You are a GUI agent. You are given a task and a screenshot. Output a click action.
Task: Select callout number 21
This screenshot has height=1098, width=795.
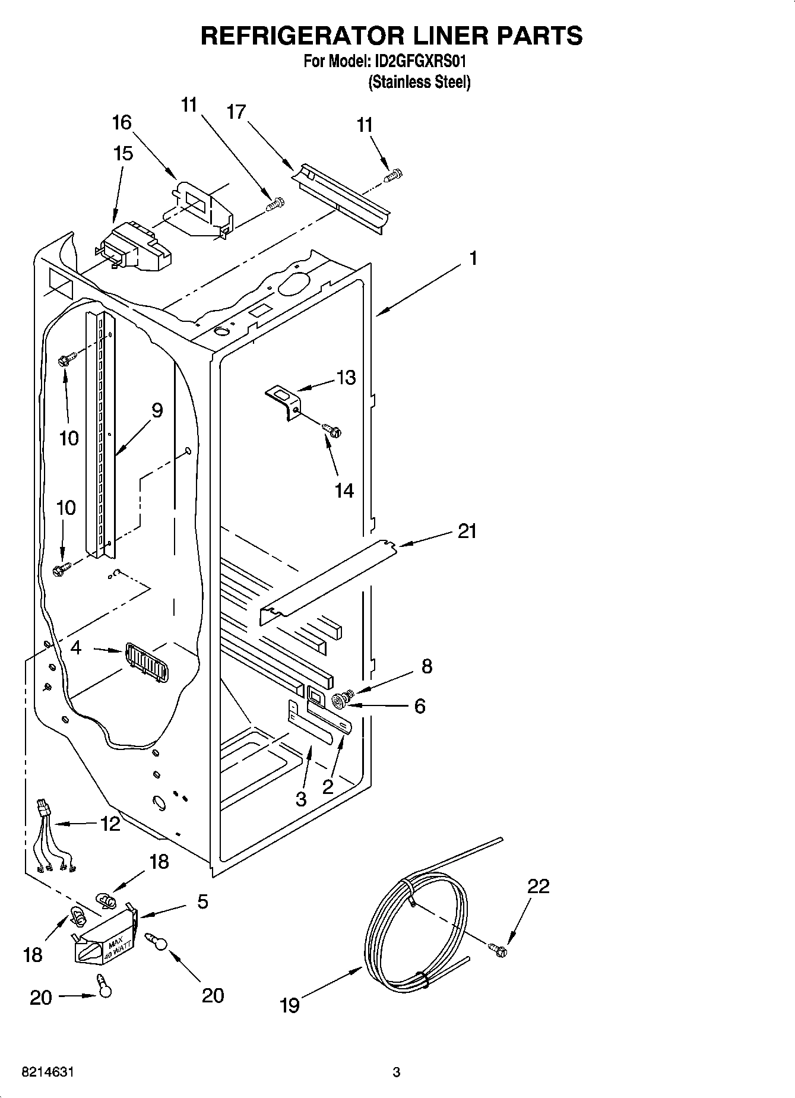point(467,531)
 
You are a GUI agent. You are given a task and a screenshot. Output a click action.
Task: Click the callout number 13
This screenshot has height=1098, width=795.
point(346,378)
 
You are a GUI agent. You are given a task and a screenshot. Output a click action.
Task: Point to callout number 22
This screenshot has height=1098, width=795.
point(539,887)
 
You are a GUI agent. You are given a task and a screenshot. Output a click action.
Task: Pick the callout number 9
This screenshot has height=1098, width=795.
point(157,410)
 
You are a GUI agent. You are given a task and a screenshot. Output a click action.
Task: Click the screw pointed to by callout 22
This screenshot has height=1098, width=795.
point(499,950)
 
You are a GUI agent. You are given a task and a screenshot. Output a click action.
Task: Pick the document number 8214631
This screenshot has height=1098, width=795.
point(47,1072)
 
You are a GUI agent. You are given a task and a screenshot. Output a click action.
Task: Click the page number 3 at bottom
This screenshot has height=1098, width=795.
point(396,1072)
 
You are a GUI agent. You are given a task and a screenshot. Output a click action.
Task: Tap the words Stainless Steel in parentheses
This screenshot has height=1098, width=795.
point(419,82)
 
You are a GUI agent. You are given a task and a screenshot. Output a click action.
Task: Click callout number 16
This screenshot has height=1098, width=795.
point(122,123)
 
